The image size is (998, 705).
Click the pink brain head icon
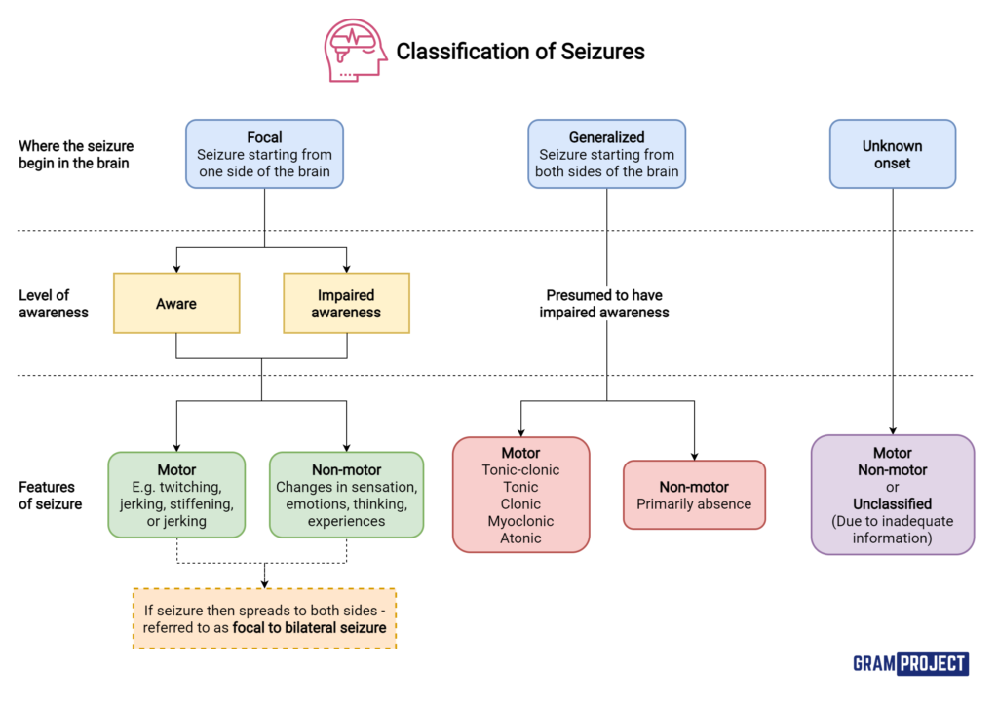click(355, 50)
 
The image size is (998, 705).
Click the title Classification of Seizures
click(519, 52)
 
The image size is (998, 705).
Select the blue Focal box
click(264, 154)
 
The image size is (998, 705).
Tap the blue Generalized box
click(606, 154)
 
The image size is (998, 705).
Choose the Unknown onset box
click(892, 154)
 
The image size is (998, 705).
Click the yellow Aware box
click(176, 303)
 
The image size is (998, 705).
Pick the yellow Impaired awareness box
click(346, 303)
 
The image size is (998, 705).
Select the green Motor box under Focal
click(176, 495)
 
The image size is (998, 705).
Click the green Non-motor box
click(346, 495)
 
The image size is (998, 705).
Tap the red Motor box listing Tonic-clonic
click(520, 495)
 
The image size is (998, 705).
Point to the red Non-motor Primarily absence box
click(694, 495)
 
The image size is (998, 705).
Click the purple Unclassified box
click(892, 495)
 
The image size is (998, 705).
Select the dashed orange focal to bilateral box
click(264, 618)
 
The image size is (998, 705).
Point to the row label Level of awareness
click(54, 303)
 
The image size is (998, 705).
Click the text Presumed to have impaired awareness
click(606, 303)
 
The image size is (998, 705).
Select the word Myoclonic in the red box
click(520, 520)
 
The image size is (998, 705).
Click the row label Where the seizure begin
click(76, 154)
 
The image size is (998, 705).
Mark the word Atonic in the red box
click(520, 538)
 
